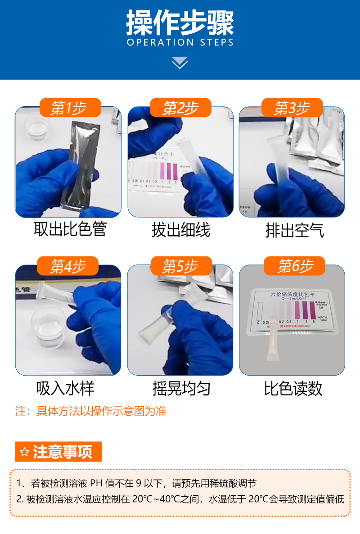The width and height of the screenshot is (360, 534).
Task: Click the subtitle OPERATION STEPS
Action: click(180, 43)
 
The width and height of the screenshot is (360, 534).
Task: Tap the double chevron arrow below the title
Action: click(180, 63)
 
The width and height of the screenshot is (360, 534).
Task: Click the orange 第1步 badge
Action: click(69, 108)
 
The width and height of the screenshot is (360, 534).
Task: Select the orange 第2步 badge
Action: click(180, 108)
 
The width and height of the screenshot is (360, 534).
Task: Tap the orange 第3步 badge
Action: click(292, 108)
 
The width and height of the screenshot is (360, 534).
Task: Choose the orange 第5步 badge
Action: click(180, 266)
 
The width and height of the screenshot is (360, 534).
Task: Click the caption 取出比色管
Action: click(70, 229)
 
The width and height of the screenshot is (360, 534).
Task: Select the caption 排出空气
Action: click(294, 230)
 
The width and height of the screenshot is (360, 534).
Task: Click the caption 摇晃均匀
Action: click(181, 388)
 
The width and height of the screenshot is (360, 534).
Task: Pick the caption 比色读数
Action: click(293, 388)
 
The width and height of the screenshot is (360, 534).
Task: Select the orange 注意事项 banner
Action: click(58, 452)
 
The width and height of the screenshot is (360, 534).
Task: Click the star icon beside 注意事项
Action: click(25, 452)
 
